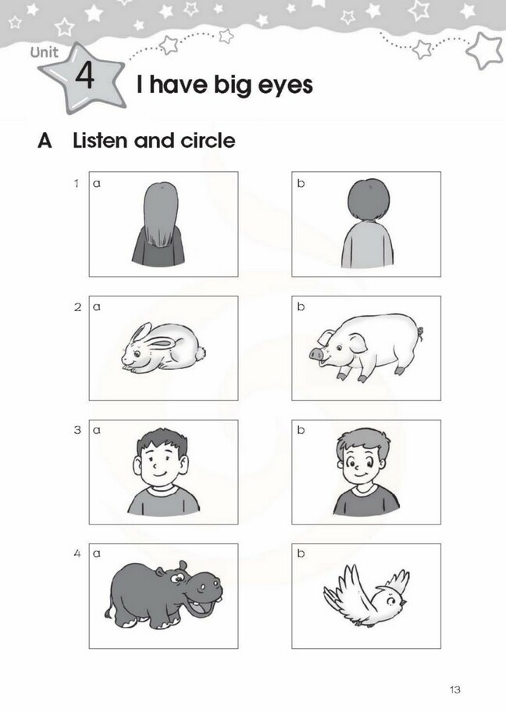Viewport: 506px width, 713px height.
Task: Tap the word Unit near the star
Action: [45, 52]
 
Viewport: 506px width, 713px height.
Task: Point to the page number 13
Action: [455, 690]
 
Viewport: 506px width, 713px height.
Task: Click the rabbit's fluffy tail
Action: [199, 353]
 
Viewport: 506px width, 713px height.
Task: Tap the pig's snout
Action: [315, 353]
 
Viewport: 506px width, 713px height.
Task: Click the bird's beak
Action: [403, 604]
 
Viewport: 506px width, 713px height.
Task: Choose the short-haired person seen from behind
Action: [368, 224]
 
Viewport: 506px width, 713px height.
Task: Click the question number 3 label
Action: [77, 430]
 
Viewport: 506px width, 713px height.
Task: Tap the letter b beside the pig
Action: [301, 307]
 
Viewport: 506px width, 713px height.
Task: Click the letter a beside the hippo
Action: [97, 554]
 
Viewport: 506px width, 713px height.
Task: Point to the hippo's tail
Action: [109, 608]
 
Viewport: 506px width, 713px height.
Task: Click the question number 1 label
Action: [77, 183]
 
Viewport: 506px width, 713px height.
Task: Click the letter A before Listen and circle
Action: [45, 141]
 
